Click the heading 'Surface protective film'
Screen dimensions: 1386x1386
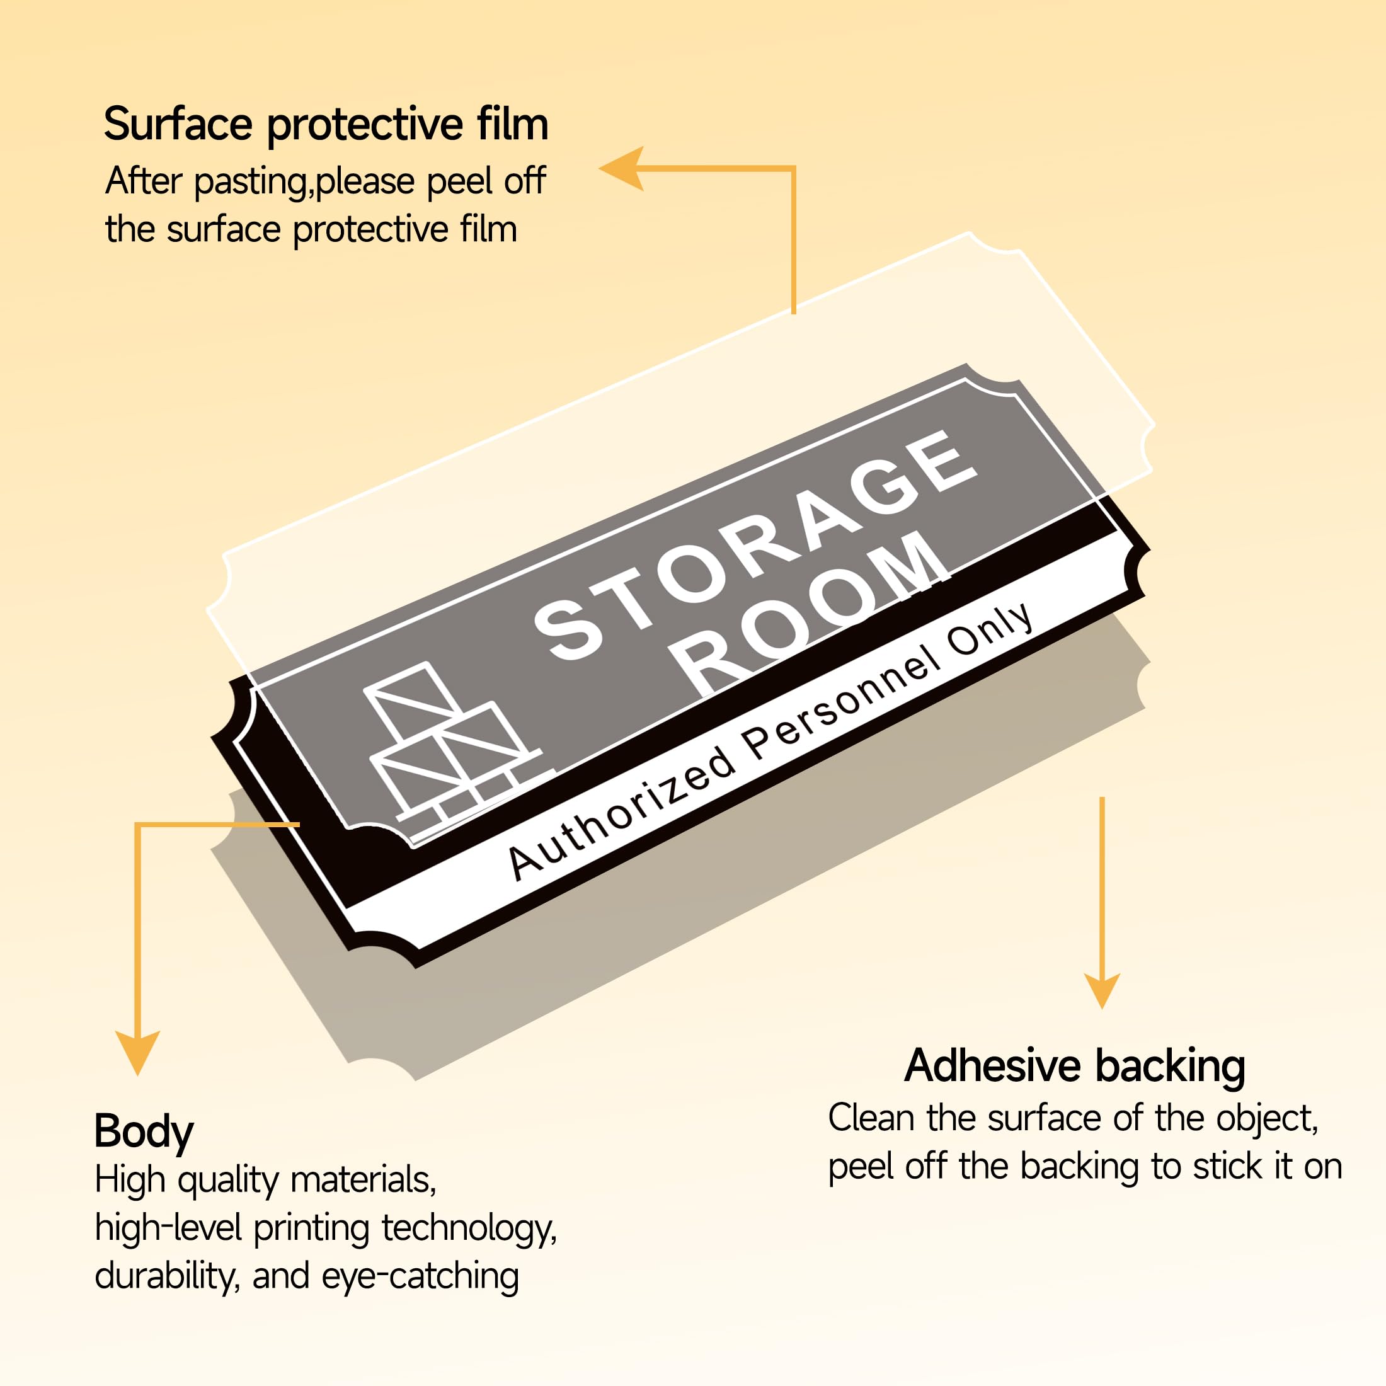point(326,125)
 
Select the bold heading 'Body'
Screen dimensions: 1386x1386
point(144,1131)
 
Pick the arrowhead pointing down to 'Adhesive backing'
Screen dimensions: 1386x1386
point(1102,990)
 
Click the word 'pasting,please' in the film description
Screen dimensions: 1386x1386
point(304,182)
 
